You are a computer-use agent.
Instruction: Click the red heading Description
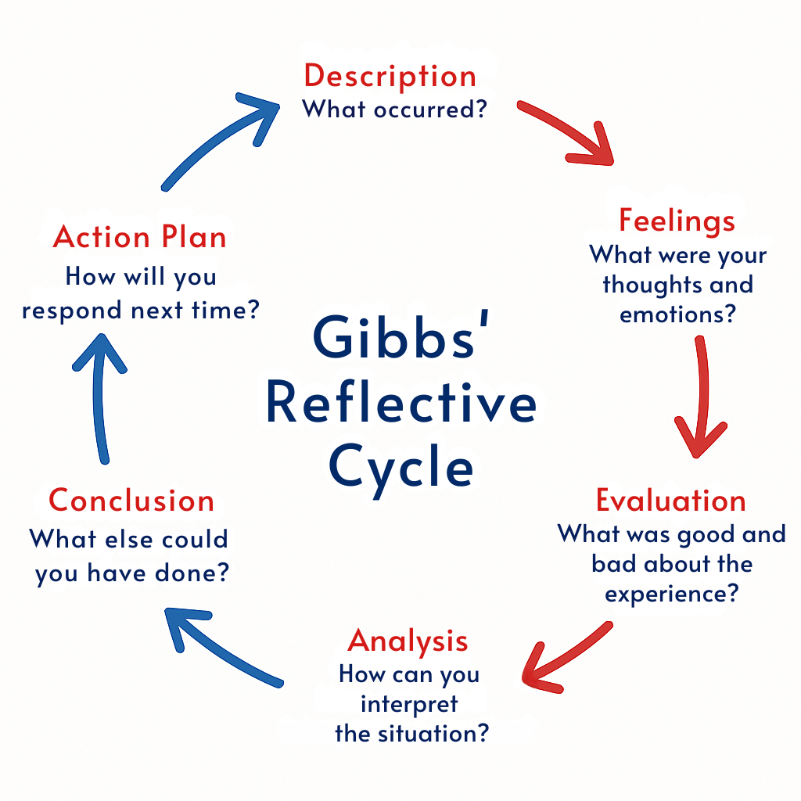coord(390,76)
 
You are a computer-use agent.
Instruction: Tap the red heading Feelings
coord(677,221)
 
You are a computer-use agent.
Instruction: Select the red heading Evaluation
coord(670,500)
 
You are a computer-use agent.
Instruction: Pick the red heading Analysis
coord(408,641)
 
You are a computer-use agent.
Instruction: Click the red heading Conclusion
coord(131,501)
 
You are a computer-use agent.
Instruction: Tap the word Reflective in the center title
coord(401,404)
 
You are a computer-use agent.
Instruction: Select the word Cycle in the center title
coord(401,468)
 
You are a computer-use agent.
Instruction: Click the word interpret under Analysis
coord(408,704)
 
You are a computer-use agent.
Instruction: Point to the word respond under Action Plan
coord(71,310)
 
